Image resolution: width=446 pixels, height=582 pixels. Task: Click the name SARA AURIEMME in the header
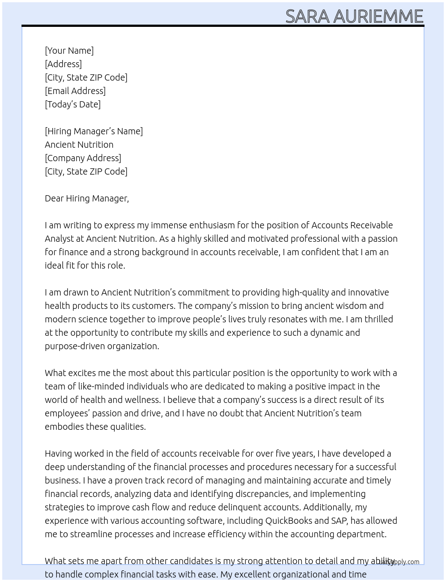coord(354,16)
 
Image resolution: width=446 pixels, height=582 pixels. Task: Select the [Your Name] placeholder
coord(69,51)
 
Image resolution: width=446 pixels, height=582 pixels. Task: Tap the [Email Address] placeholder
coord(75,91)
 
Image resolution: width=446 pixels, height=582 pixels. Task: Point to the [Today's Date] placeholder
coord(73,104)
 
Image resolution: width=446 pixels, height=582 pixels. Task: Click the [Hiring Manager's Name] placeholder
coord(94,131)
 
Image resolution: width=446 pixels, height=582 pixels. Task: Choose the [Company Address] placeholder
coord(83,158)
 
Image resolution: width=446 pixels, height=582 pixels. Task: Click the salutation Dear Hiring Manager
coord(86,198)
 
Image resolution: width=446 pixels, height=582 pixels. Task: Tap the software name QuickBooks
coord(288,521)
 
